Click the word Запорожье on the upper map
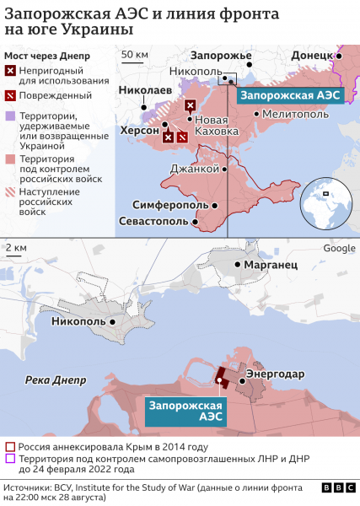pyautogui.click(x=222, y=56)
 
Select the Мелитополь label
pyautogui.click(x=295, y=113)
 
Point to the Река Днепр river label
pyautogui.click(x=56, y=380)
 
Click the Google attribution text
pyautogui.click(x=340, y=247)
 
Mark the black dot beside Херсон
pyautogui.click(x=164, y=131)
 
